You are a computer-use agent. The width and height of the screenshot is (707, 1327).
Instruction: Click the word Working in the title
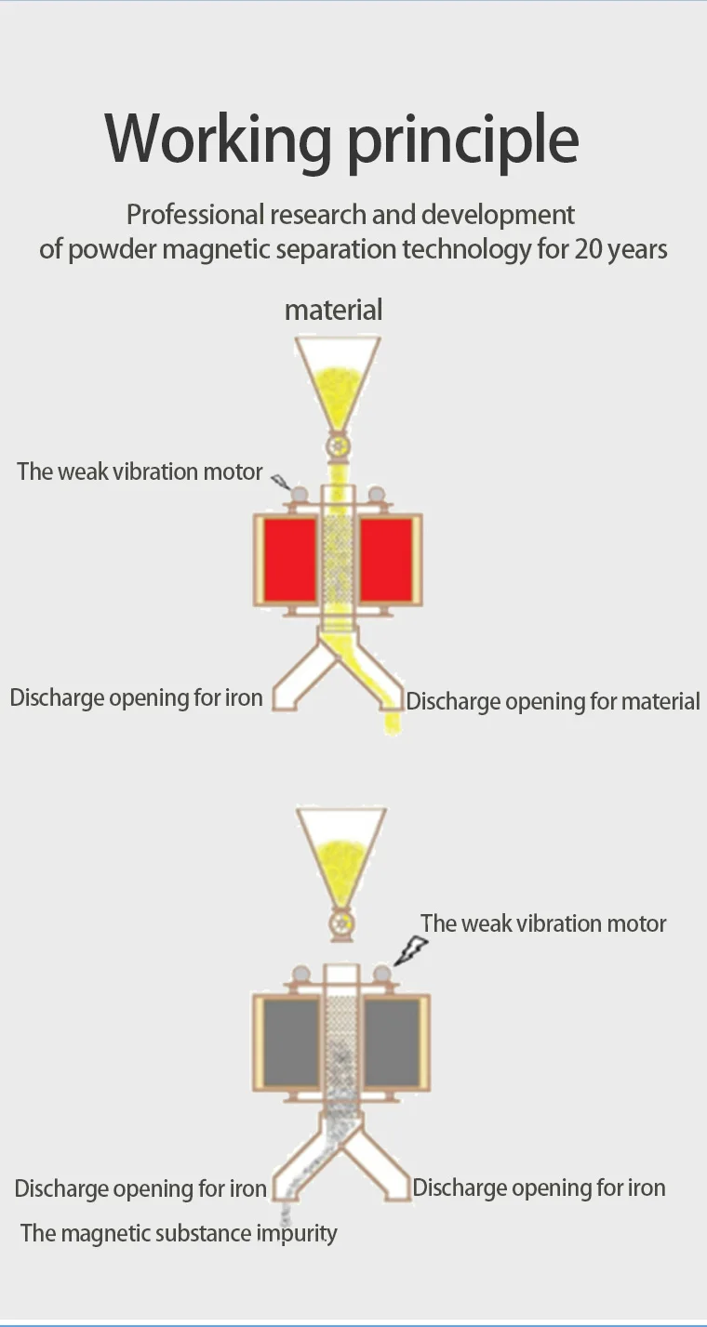point(218,139)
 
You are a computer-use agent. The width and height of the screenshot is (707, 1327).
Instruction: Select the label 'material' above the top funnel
point(333,310)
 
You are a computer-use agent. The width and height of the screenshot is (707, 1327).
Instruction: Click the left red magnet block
point(289,560)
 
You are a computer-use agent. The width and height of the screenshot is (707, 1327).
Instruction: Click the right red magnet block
point(386,560)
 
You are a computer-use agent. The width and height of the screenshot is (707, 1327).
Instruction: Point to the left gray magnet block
point(291,1042)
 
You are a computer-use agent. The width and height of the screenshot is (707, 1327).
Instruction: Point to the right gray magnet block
point(392,1042)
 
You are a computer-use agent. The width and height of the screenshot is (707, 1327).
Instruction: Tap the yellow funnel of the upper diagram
point(338,381)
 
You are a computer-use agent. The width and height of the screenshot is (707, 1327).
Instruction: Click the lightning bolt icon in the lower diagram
point(410,950)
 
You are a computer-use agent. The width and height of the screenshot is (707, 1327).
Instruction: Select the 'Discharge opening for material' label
point(553,701)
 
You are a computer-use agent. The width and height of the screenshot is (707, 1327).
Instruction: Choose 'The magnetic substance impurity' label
point(179,1233)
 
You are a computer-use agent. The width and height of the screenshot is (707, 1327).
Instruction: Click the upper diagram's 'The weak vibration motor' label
point(140,471)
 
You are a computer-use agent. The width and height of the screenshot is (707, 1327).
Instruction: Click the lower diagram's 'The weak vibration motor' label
point(543,923)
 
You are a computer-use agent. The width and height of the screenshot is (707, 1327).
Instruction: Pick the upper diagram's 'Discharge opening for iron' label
point(136,697)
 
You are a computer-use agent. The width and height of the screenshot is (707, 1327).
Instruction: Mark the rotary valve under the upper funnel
point(339,447)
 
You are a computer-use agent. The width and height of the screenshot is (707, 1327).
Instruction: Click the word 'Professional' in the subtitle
point(195,215)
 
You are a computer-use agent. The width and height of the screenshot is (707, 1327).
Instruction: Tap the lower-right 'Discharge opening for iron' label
point(539,1188)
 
